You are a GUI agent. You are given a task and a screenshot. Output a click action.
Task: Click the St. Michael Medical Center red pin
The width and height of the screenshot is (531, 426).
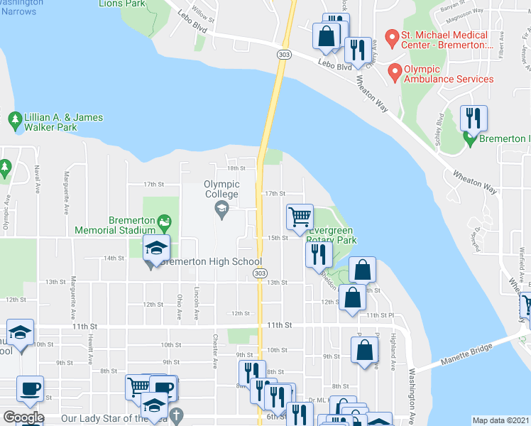pyautogui.click(x=390, y=35)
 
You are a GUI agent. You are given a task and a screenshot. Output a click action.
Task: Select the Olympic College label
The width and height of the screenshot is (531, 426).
pyautogui.click(x=221, y=189)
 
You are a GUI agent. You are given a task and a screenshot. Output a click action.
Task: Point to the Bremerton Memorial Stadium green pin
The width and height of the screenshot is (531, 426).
pyautogui.click(x=165, y=221)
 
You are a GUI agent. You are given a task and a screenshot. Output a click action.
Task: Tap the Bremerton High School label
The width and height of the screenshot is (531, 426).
pyautogui.click(x=210, y=262)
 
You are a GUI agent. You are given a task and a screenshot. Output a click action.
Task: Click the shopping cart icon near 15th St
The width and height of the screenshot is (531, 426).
pyautogui.click(x=300, y=217)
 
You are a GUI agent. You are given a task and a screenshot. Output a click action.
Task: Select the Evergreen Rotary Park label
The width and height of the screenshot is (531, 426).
pyautogui.click(x=332, y=236)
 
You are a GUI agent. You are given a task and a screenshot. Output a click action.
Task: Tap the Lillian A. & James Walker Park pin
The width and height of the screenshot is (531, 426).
pyautogui.click(x=14, y=120)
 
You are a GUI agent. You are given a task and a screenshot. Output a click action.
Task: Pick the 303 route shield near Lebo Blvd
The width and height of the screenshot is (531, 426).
pyautogui.click(x=283, y=54)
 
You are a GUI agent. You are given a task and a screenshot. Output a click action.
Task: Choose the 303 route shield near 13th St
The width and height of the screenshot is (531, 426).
pyautogui.click(x=261, y=273)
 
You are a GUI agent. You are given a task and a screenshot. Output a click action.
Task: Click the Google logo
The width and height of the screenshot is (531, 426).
pyautogui.click(x=23, y=417)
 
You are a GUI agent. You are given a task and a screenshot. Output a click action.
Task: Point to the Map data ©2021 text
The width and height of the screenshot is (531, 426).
pyautogui.click(x=501, y=420)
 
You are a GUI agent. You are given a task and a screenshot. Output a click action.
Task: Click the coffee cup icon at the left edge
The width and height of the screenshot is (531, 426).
pyautogui.click(x=30, y=389)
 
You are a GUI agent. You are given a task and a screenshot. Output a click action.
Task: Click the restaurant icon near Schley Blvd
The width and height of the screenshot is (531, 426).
pyautogui.click(x=473, y=118)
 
